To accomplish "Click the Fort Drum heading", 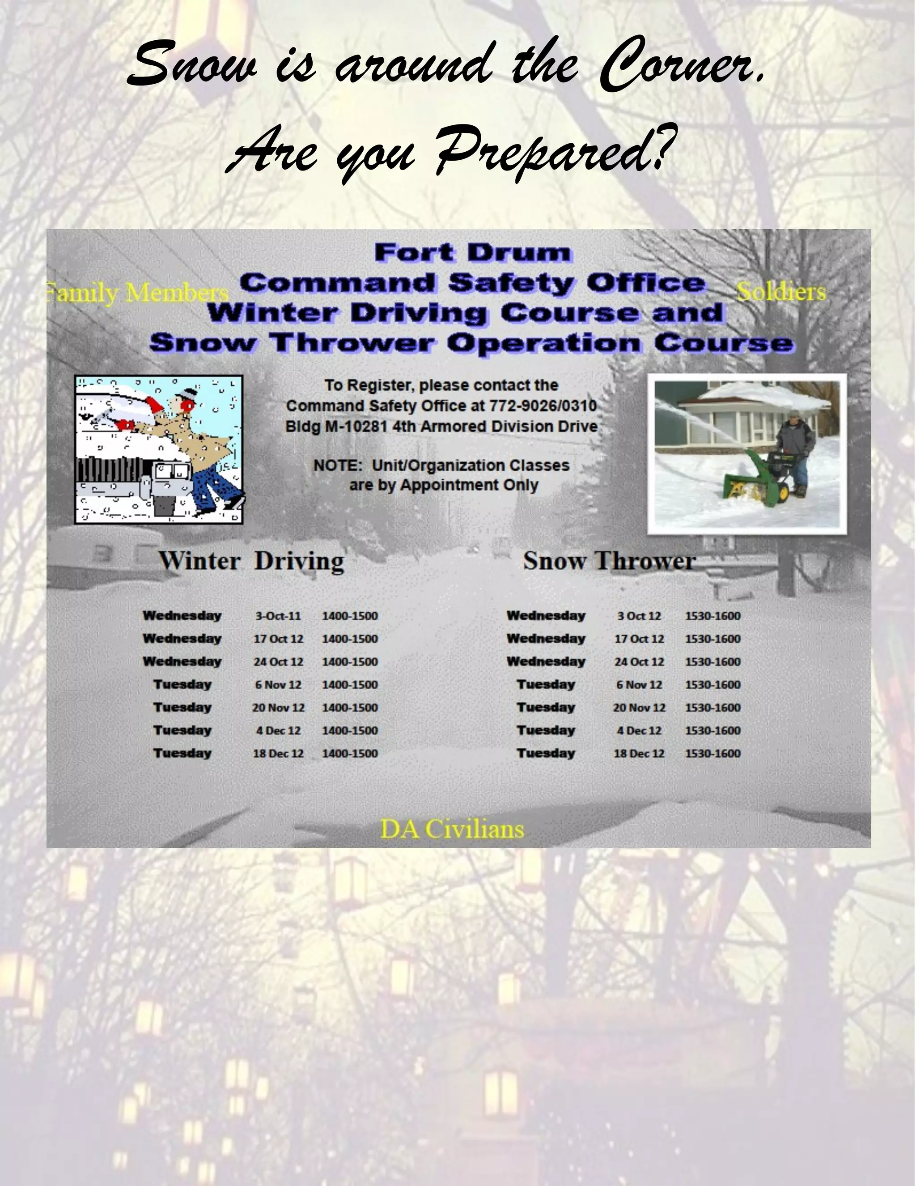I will (x=472, y=253).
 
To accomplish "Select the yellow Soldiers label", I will (x=781, y=292).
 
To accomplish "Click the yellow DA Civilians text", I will (x=451, y=829).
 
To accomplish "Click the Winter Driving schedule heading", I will (x=251, y=561).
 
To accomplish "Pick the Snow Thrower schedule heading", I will (x=609, y=561).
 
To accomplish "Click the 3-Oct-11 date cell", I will (x=278, y=616).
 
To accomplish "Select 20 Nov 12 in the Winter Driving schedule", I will (x=278, y=708).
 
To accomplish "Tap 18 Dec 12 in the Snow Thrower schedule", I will (x=639, y=753).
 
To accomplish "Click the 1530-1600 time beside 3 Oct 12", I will (x=712, y=616).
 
